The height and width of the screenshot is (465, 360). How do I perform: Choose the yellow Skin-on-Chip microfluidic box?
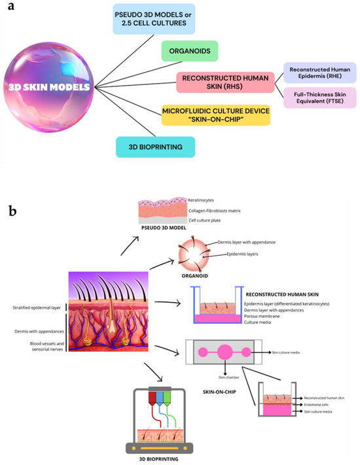(x=207, y=116)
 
